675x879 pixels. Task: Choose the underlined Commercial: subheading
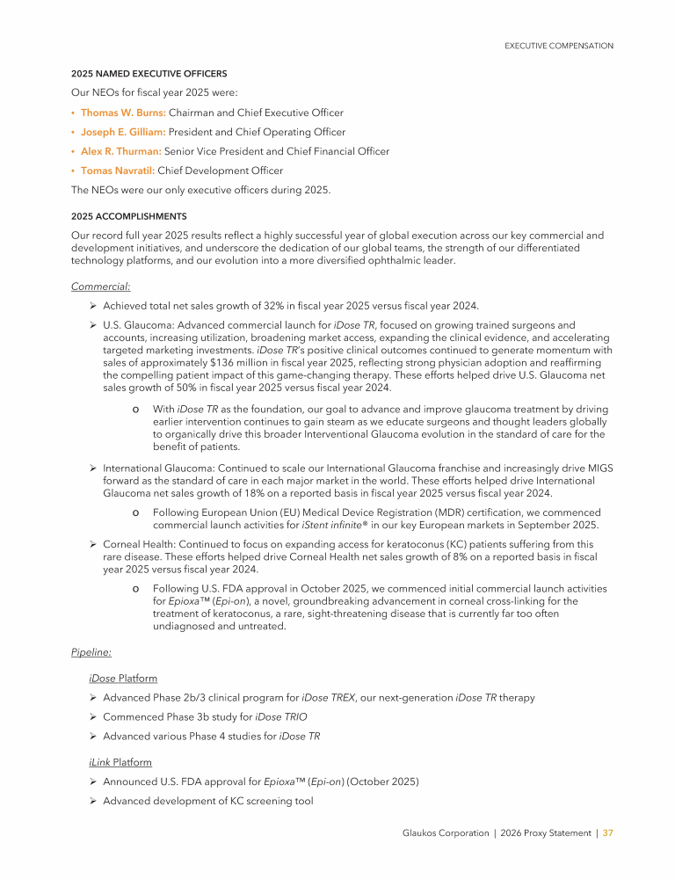click(x=100, y=286)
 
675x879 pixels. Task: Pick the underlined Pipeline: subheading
click(x=91, y=651)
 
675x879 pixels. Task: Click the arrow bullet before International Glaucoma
click(x=92, y=468)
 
